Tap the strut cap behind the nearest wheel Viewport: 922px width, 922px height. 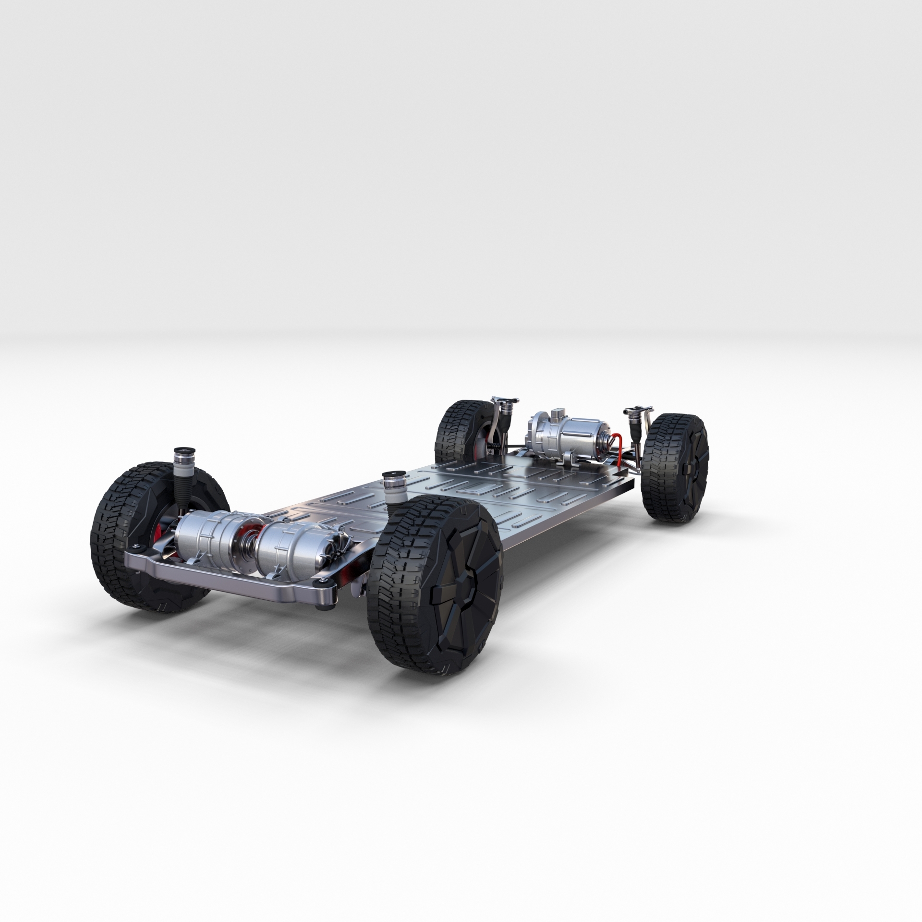pos(393,480)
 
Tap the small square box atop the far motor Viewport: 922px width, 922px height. pos(558,414)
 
